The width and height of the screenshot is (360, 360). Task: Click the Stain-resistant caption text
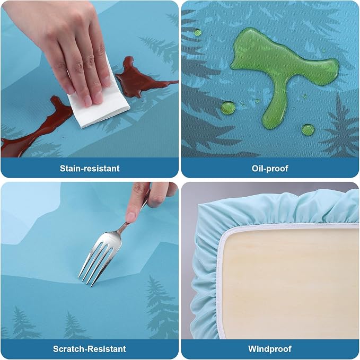pyautogui.click(x=90, y=168)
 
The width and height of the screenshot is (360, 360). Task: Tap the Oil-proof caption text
pyautogui.click(x=270, y=168)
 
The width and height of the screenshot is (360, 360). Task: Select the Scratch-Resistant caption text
pyautogui.click(x=89, y=349)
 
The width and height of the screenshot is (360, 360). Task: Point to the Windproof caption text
pyautogui.click(x=270, y=349)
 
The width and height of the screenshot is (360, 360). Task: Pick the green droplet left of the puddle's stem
pyautogui.click(x=228, y=108)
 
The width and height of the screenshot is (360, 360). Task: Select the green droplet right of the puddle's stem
pyautogui.click(x=308, y=130)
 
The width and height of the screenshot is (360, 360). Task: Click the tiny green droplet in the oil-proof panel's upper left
pyautogui.click(x=197, y=32)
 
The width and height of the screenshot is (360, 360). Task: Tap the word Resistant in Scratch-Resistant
pyautogui.click(x=108, y=349)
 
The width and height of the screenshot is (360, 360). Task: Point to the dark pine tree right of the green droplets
pyautogui.click(x=340, y=128)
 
